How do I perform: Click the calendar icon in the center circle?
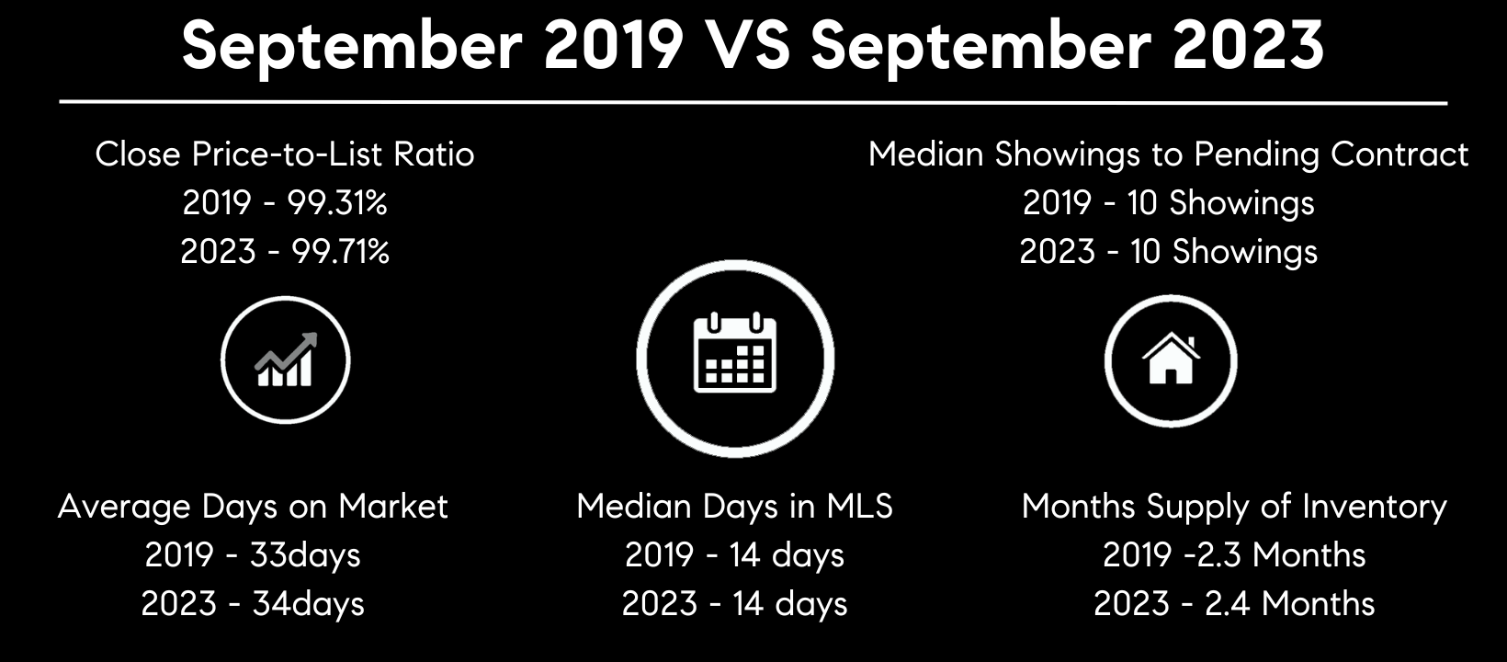coord(735,351)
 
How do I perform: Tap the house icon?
coord(1171,359)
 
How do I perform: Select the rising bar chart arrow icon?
coord(285,360)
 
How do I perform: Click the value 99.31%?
coord(337,202)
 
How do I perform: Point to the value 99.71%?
coord(340,252)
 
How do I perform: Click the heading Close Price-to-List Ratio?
coord(285,154)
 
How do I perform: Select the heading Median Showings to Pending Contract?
coord(1168,154)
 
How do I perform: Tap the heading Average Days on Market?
coord(253,507)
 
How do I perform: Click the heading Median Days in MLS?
coord(735,506)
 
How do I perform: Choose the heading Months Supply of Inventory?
coord(1234,507)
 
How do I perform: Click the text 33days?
coord(305,555)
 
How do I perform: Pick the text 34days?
coord(309,604)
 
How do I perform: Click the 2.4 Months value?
coord(1290,604)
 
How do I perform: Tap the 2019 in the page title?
coord(614,46)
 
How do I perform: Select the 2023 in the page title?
coord(1248,46)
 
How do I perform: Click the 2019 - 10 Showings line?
coord(1169,203)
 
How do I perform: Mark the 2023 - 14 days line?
coord(735,604)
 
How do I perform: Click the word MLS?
coord(860,506)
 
